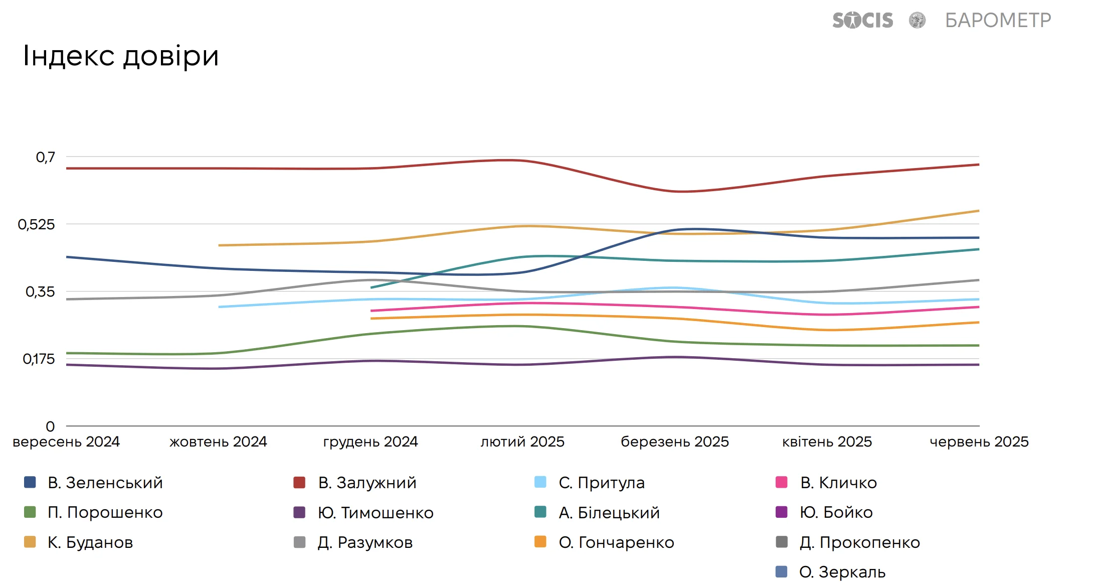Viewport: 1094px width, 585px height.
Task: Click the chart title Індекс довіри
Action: pos(121,56)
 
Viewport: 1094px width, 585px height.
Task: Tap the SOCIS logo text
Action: pos(862,21)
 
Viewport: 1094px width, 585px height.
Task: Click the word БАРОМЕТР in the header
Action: pos(998,21)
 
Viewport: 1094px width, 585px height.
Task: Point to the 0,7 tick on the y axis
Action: pos(46,158)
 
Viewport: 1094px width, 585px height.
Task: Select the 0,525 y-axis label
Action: pos(37,224)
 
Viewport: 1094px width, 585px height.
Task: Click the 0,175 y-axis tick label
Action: pos(39,359)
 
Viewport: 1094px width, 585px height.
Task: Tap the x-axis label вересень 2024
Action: pos(66,442)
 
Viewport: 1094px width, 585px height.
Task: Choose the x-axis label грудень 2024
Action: pos(371,442)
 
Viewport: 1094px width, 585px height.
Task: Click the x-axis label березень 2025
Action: pos(675,442)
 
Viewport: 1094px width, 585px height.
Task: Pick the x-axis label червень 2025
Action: pos(979,442)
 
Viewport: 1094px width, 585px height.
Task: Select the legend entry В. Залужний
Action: pos(367,483)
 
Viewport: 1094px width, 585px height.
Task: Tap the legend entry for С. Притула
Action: pos(602,483)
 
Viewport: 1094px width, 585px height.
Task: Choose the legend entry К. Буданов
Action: pos(90,542)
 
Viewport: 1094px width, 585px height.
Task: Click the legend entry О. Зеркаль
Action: pos(842,572)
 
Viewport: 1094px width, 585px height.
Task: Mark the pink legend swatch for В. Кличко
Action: pos(781,482)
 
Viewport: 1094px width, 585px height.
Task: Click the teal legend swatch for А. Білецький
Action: pos(540,512)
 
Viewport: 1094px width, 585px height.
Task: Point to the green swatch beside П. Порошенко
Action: pos(30,512)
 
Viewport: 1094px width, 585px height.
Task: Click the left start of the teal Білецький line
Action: pos(371,287)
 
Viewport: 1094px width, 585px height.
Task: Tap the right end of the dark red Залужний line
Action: pos(978,165)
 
